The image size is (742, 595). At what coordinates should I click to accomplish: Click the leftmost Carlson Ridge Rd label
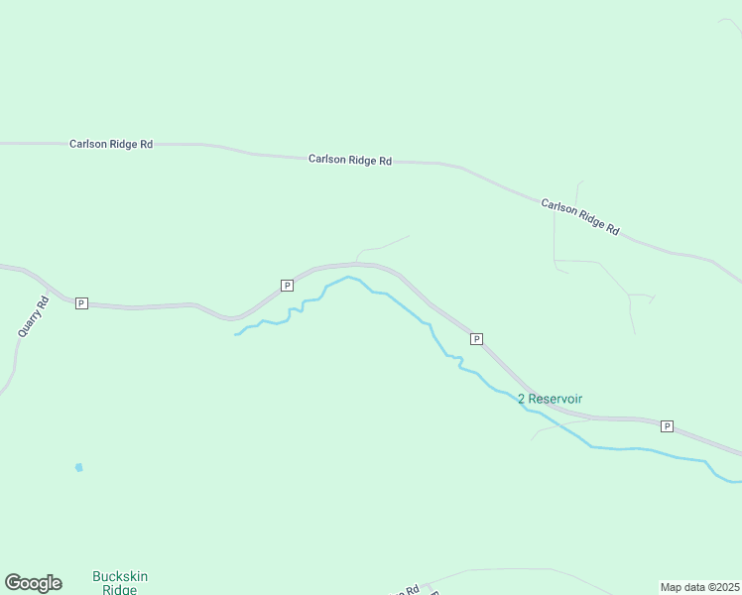[x=111, y=144]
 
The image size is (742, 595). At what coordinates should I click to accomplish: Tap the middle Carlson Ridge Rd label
[x=349, y=160]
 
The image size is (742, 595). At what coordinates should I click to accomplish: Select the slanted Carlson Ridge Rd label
[x=580, y=216]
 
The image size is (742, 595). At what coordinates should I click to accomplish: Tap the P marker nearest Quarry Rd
[x=81, y=303]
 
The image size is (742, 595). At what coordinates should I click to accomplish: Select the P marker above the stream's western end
[x=287, y=286]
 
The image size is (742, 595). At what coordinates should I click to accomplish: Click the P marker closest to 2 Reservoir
[x=476, y=339]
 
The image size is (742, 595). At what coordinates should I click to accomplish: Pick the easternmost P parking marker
[x=667, y=426]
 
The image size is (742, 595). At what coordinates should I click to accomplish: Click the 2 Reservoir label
[x=550, y=399]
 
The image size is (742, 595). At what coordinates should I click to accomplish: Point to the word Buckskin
[x=119, y=575]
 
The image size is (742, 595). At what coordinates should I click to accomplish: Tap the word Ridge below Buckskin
[x=119, y=589]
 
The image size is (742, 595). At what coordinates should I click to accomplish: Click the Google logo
[x=33, y=583]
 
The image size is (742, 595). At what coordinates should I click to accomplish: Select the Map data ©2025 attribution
[x=699, y=586]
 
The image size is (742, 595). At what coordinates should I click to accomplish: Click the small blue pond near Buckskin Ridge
[x=78, y=467]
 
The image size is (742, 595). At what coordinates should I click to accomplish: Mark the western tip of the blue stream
[x=235, y=335]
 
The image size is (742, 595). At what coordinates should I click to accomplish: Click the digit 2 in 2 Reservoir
[x=522, y=399]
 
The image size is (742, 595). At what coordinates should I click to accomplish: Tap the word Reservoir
[x=556, y=399]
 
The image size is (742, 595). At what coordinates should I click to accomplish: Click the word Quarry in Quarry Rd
[x=29, y=325]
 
